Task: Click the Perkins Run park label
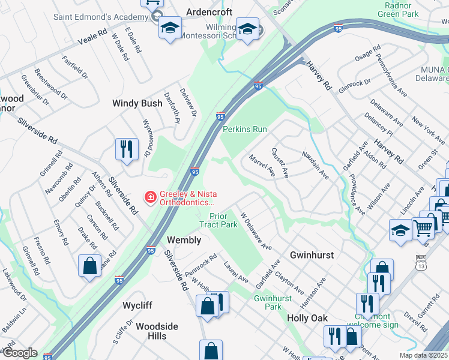[245, 129]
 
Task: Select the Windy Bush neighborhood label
[137, 103]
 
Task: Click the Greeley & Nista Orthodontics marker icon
[149, 197]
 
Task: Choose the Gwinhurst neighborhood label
[312, 255]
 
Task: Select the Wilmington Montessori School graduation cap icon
[247, 28]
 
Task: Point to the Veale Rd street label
[92, 37]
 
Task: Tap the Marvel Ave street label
[262, 166]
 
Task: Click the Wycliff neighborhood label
[137, 305]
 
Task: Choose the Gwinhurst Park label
[268, 302]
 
